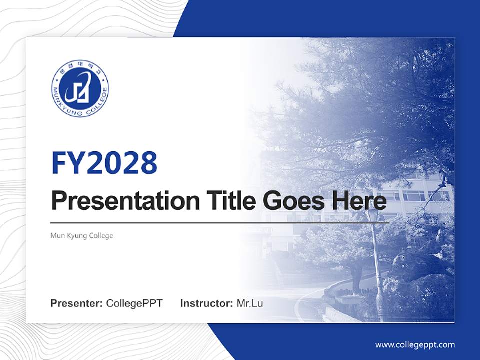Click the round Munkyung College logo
(80, 88)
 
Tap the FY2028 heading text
(104, 163)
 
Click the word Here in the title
(359, 201)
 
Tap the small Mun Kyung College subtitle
(82, 235)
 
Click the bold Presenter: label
(77, 303)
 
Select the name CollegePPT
(134, 303)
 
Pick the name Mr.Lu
(250, 303)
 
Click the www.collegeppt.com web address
(415, 344)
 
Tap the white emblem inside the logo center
(80, 88)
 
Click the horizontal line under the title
(220, 223)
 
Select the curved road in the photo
(310, 300)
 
